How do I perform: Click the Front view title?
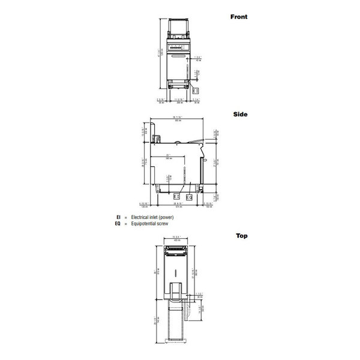pyautogui.click(x=238, y=17)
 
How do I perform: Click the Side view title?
pyautogui.click(x=241, y=114)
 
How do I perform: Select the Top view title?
pyautogui.click(x=241, y=236)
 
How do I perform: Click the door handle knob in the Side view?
pyautogui.click(x=205, y=161)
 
